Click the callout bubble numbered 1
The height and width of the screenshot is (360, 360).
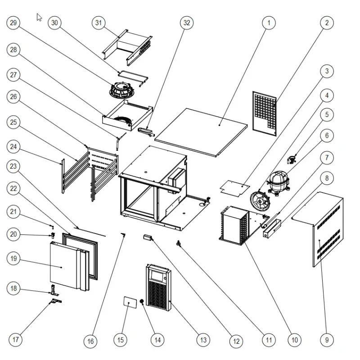point(269,22)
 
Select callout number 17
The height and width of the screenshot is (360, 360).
point(16,338)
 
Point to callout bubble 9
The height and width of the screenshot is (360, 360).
point(327,340)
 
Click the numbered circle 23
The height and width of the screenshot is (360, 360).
point(13,166)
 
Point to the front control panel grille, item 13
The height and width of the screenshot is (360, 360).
point(158,288)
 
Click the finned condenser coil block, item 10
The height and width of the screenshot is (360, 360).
point(234,225)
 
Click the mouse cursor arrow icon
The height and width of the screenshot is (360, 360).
point(40,18)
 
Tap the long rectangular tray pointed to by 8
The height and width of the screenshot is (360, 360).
point(272,228)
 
